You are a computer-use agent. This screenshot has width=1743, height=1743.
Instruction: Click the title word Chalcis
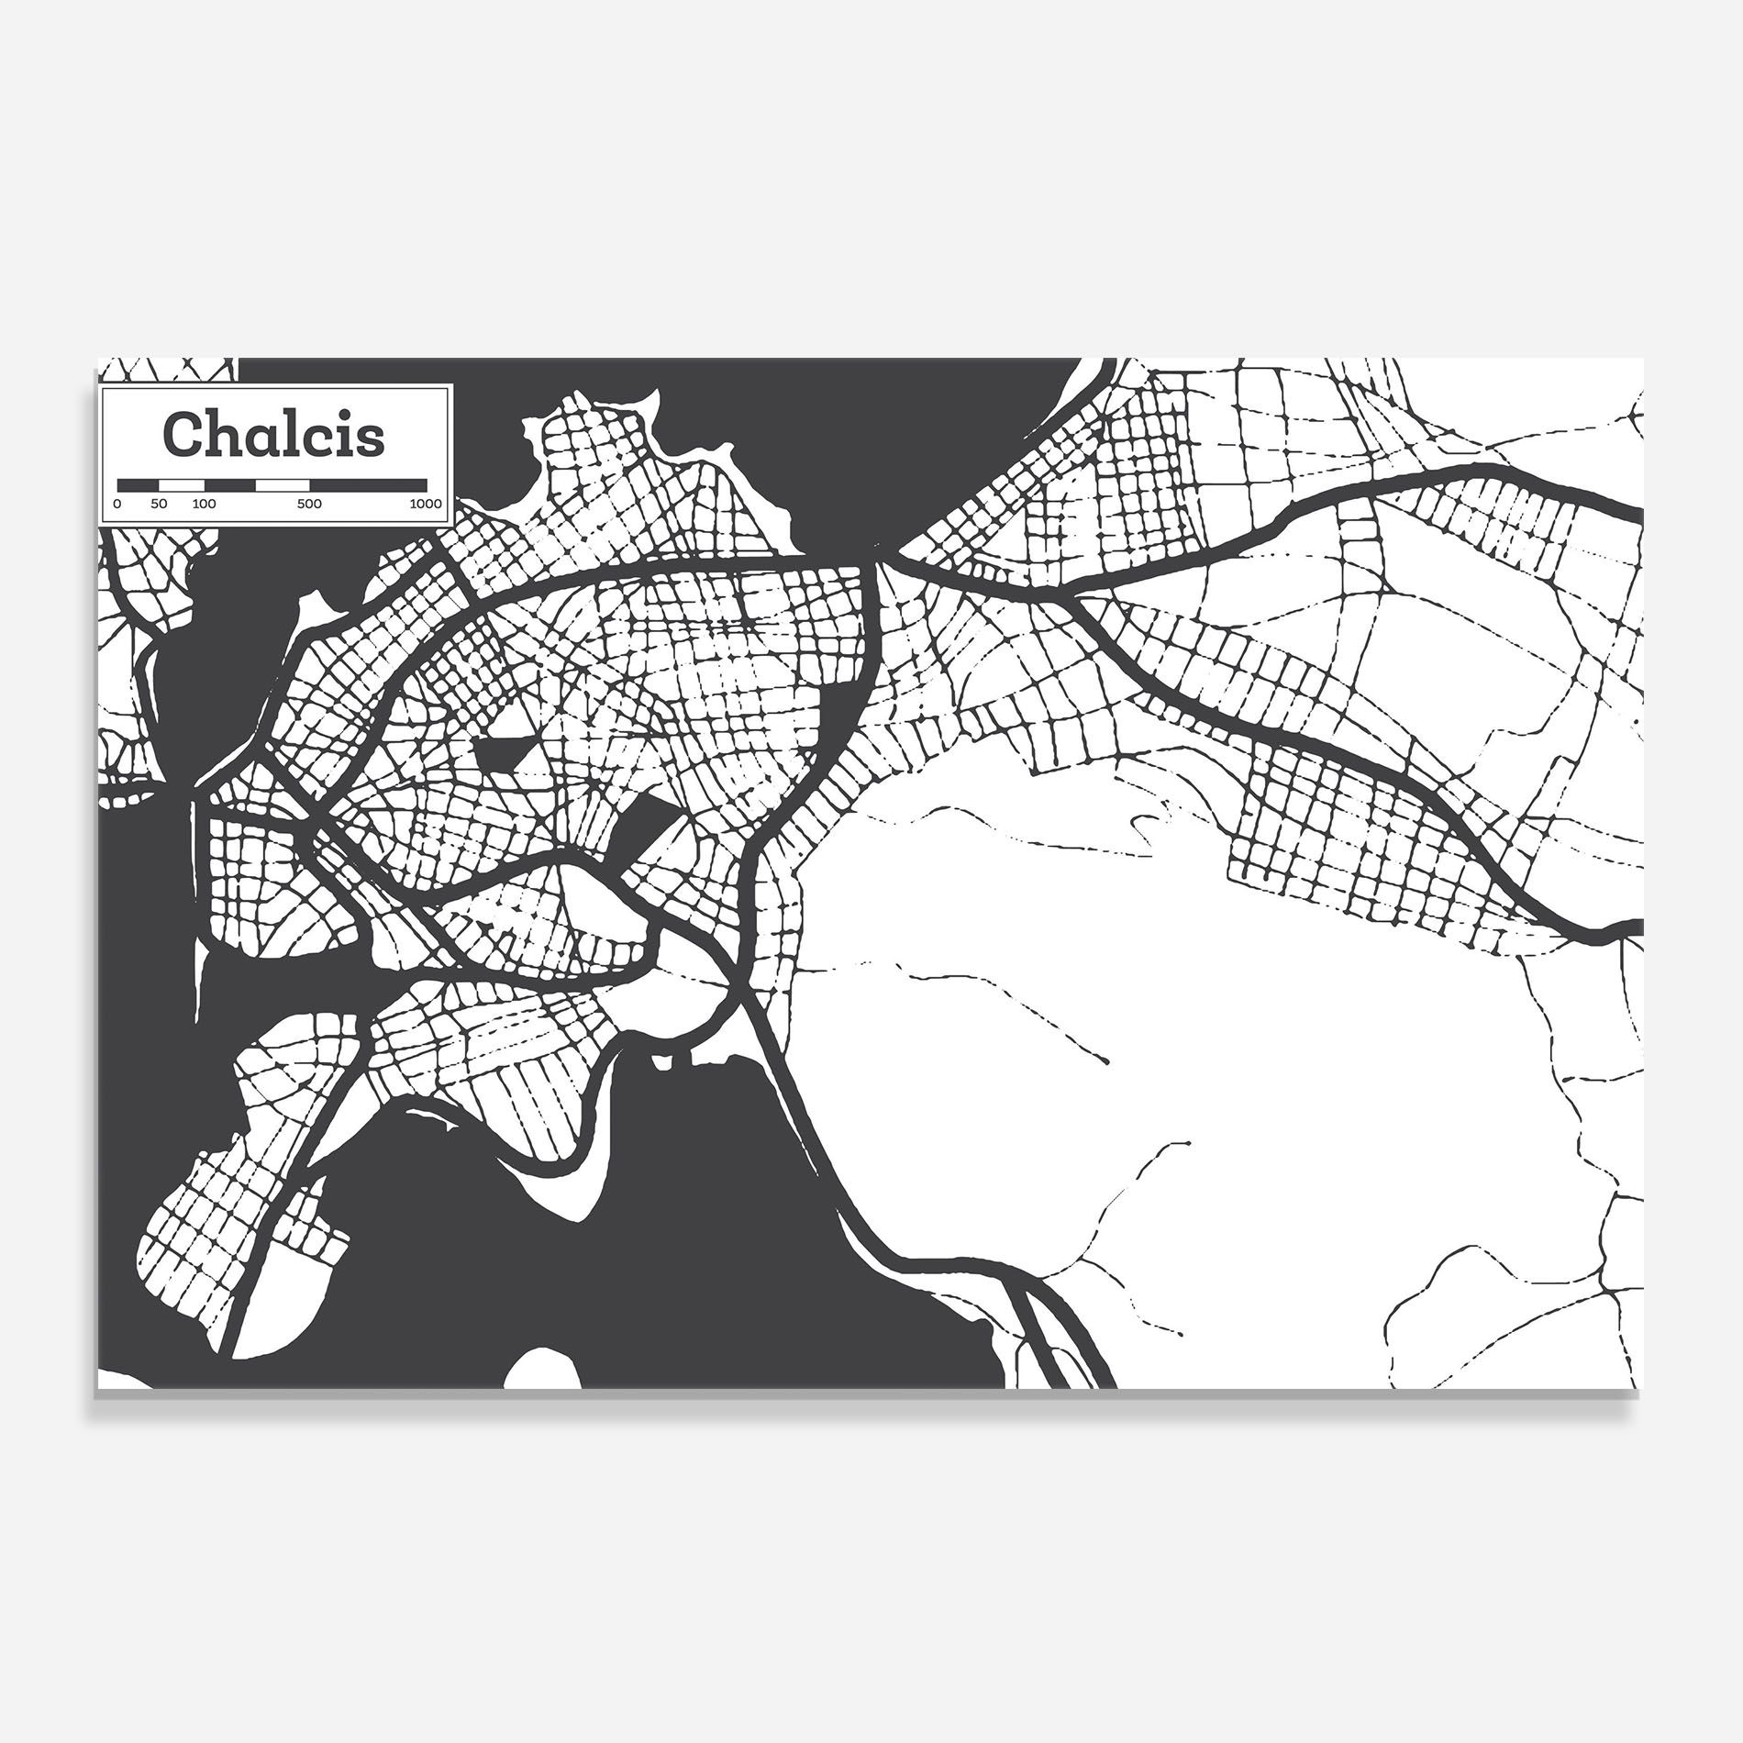coord(273,435)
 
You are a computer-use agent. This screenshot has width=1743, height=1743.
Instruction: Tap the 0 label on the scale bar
coord(117,504)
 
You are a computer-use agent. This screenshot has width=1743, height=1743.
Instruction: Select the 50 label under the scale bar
coord(159,504)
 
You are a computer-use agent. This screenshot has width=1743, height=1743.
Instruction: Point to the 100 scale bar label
coord(204,504)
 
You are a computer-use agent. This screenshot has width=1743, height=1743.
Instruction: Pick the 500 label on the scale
coord(309,504)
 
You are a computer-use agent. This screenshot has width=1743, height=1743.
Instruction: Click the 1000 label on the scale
coord(426,504)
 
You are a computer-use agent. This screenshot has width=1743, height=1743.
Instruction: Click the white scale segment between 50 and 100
coord(181,483)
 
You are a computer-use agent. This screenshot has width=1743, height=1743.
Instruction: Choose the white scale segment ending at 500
coord(283,483)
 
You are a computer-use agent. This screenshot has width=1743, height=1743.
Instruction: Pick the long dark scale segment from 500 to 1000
coord(368,483)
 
